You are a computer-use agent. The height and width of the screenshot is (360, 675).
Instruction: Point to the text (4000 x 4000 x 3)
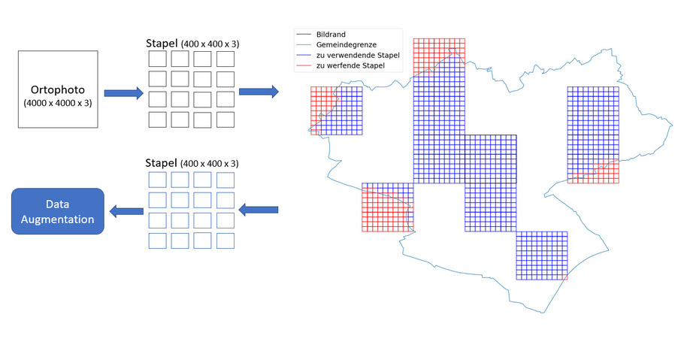(x=57, y=103)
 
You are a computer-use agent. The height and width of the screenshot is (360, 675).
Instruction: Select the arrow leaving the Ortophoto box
(x=123, y=93)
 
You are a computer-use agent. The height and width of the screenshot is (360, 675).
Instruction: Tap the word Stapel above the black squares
(x=162, y=44)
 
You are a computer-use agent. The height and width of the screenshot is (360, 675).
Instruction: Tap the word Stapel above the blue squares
(x=162, y=163)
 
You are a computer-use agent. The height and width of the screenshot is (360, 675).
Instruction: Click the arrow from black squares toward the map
(x=258, y=92)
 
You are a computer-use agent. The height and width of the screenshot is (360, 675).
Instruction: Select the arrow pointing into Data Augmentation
(x=126, y=211)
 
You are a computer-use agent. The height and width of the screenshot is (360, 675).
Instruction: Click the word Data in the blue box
(x=57, y=204)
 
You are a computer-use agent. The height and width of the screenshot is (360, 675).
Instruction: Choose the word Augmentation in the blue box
(x=57, y=219)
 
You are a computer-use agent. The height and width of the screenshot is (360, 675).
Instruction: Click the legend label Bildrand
(x=332, y=35)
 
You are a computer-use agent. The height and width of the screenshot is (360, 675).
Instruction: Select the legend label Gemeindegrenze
(x=347, y=45)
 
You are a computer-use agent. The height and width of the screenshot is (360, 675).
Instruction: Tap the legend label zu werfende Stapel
(x=350, y=66)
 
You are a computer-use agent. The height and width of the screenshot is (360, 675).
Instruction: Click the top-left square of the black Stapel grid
(x=157, y=59)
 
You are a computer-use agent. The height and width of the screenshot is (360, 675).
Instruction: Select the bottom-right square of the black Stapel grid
(x=226, y=119)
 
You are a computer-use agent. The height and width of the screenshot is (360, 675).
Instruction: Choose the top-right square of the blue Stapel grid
(x=226, y=180)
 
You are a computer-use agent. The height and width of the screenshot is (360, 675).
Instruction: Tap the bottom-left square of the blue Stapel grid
(x=157, y=241)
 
